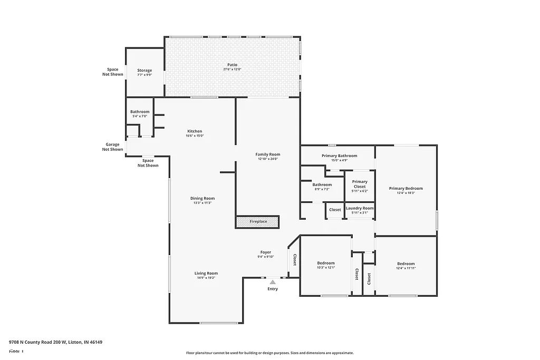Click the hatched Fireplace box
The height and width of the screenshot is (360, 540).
pos(258,222)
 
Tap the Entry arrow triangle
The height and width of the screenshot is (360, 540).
pos(273,283)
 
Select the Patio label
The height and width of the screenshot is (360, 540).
pos(232,65)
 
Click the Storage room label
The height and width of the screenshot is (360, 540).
pos(144,70)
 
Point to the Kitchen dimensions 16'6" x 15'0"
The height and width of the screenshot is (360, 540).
pos(195,136)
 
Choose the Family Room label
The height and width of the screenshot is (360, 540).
pos(268,154)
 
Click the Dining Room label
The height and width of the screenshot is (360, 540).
pos(202,198)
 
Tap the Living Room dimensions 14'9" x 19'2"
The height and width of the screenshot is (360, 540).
pos(206,278)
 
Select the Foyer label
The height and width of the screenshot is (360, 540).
pos(266,252)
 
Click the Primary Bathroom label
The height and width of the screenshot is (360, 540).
pos(340,155)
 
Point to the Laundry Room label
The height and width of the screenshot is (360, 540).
pos(360,208)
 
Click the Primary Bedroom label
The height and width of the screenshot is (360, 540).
pos(406,188)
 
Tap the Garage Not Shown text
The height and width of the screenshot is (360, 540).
pos(112,147)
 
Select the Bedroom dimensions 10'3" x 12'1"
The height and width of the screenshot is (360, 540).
pos(325,268)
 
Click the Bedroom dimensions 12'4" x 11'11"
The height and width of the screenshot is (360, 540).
pos(406,268)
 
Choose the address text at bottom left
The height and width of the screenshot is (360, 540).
pos(56,342)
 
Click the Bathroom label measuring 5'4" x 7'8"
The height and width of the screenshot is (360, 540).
pos(140,112)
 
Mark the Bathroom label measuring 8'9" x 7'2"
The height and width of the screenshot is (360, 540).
pos(322,184)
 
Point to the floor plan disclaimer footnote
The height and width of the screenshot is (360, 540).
pos(269,353)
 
